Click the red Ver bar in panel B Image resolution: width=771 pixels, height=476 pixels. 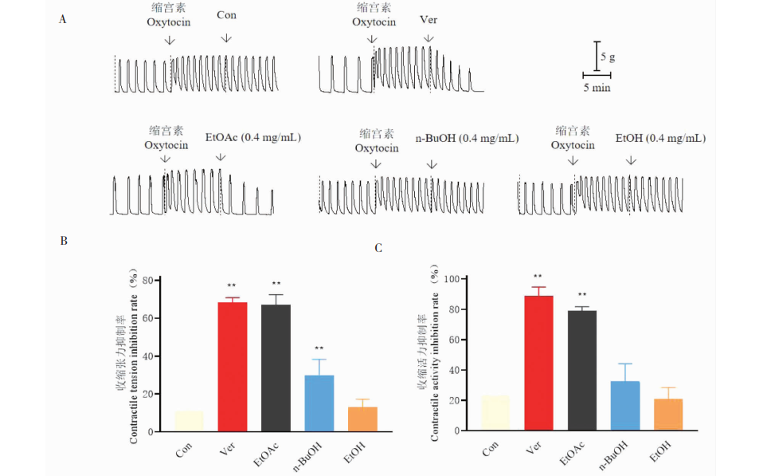[233, 367]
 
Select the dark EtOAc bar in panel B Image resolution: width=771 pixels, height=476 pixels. [276, 368]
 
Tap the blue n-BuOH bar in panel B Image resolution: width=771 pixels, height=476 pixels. [319, 403]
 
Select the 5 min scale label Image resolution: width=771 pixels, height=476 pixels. [597, 87]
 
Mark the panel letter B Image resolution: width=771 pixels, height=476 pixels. [63, 242]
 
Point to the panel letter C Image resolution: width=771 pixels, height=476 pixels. [378, 248]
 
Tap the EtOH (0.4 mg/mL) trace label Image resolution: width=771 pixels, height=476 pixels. [661, 138]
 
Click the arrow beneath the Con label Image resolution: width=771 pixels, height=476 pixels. [226, 37]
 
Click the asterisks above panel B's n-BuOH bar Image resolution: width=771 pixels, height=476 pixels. [319, 348]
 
